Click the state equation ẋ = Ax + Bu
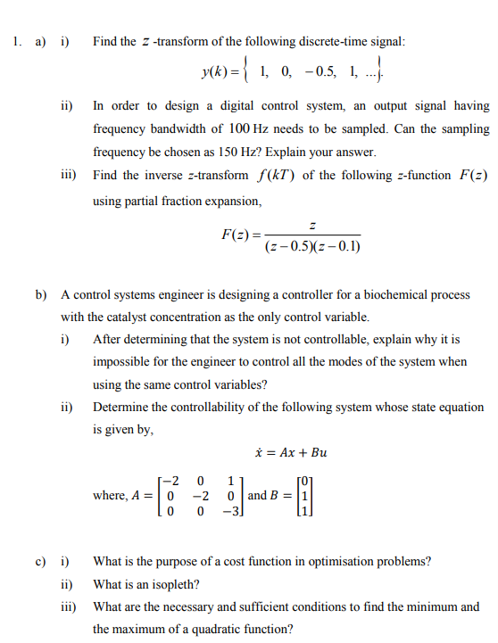[x=291, y=453]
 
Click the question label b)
[x=41, y=294]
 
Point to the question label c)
[x=41, y=562]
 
